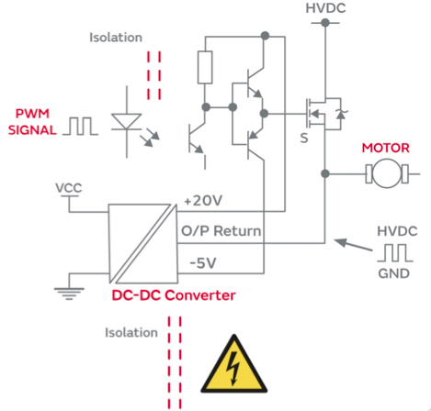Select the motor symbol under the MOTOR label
(384, 172)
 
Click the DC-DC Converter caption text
(173, 295)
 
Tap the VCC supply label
(68, 188)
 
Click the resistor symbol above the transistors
(205, 68)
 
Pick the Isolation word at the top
(117, 38)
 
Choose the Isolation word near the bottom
(131, 332)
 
